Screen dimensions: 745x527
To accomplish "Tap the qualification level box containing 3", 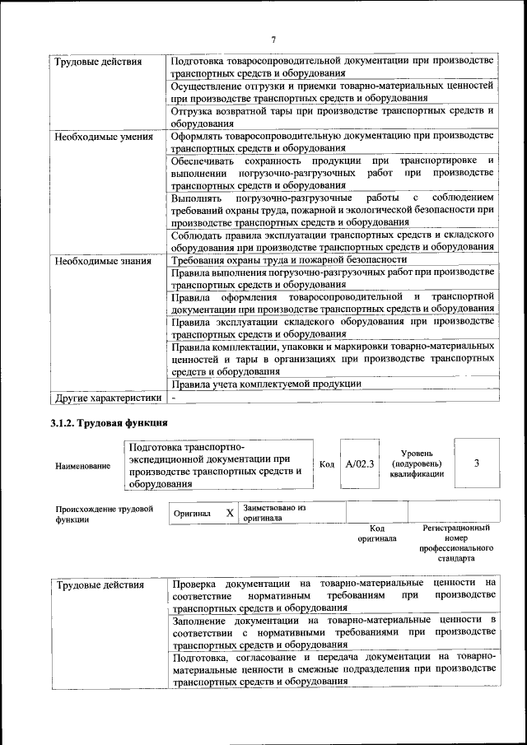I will [x=477, y=463].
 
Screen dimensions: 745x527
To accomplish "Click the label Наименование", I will [x=82, y=466].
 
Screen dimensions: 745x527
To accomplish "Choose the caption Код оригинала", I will [x=376, y=533].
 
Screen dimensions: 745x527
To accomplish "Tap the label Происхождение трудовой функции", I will [x=104, y=514].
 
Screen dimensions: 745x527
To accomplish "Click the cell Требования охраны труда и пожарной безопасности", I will [x=273, y=261].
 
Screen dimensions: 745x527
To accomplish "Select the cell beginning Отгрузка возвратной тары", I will [x=331, y=116].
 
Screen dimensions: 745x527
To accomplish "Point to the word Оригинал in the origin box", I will [x=192, y=514].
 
